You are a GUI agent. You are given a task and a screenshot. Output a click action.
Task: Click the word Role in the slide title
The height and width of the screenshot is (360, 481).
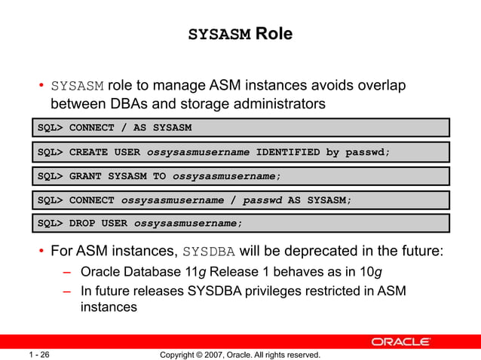pyautogui.click(x=274, y=34)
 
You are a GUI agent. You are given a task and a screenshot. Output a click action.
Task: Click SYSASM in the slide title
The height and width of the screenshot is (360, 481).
pyautogui.click(x=219, y=35)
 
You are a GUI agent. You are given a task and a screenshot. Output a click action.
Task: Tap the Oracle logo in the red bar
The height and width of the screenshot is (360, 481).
pyautogui.click(x=400, y=342)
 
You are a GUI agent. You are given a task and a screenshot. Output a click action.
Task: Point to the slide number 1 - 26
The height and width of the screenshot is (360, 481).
pyautogui.click(x=40, y=354)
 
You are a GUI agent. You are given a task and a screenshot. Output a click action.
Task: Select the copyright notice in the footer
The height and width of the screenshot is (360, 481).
pyautogui.click(x=240, y=354)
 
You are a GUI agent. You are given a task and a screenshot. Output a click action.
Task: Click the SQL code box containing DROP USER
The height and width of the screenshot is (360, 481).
pyautogui.click(x=240, y=224)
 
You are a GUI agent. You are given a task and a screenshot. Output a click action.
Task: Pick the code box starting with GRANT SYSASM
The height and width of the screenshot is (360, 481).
pyautogui.click(x=240, y=176)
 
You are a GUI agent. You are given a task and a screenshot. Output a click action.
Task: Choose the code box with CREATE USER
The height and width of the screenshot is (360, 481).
pyautogui.click(x=240, y=152)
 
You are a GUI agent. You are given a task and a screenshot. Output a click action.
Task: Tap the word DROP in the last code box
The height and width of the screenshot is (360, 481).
pyautogui.click(x=84, y=224)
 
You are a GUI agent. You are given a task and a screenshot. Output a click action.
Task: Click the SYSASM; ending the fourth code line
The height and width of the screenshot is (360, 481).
pyautogui.click(x=329, y=200)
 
